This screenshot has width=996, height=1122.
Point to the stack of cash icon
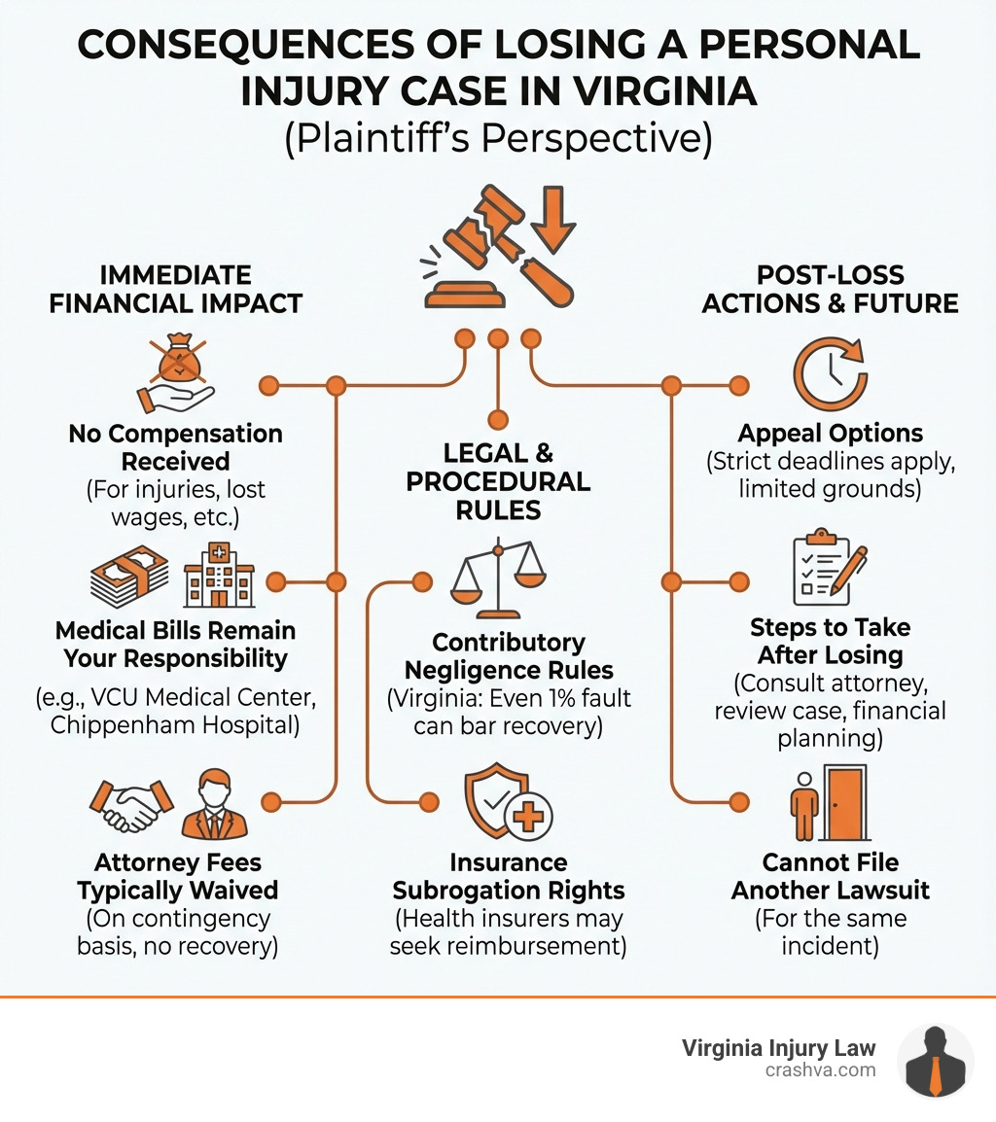tap(129, 577)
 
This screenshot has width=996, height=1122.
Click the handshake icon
tap(131, 803)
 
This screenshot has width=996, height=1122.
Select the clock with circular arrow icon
tap(830, 374)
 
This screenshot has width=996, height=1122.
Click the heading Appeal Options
tap(831, 434)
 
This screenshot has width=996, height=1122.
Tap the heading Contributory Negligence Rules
tap(509, 656)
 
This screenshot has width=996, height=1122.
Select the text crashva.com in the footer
tap(820, 1069)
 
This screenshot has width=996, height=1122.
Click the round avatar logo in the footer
tap(934, 1060)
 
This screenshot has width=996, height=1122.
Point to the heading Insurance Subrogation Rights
tap(508, 876)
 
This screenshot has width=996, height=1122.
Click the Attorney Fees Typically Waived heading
tap(177, 876)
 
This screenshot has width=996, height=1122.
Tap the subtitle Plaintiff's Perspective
tap(497, 138)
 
